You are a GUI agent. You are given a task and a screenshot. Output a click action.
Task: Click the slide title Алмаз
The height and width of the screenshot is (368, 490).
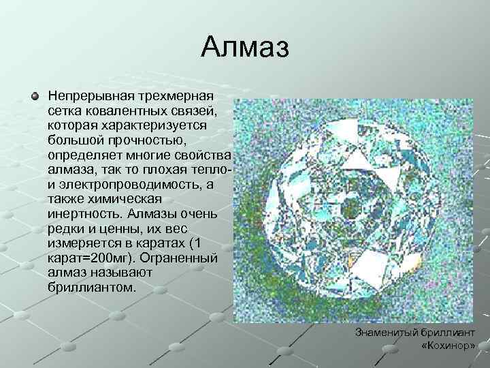pyautogui.click(x=245, y=48)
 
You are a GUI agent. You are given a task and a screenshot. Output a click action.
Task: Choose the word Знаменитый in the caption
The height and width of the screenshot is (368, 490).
pyautogui.click(x=387, y=332)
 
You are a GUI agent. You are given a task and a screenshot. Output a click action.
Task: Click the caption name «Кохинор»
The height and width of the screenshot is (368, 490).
pyautogui.click(x=448, y=346)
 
